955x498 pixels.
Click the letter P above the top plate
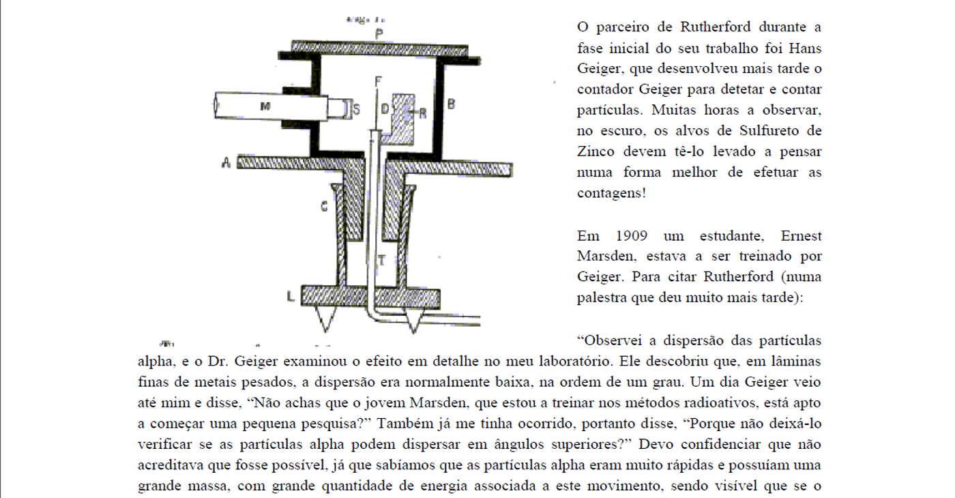pos(379,33)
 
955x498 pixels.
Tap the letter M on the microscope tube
pos(265,106)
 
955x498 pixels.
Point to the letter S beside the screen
pos(356,110)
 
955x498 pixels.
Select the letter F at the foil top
pos(378,81)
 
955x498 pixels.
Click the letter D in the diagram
pos(385,109)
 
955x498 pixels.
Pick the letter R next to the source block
pos(422,113)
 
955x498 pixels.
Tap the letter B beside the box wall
pos(451,104)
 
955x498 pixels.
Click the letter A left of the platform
pos(226,162)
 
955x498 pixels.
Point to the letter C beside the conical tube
pos(324,206)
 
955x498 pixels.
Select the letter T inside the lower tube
pos(381,260)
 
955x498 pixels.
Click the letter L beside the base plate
pos(291,296)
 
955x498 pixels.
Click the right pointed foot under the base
pos(413,320)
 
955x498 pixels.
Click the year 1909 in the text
pos(632,236)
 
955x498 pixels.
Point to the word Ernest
pos(801,236)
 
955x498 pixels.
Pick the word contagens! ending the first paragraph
pos(611,193)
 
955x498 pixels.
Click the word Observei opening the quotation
pos(610,340)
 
